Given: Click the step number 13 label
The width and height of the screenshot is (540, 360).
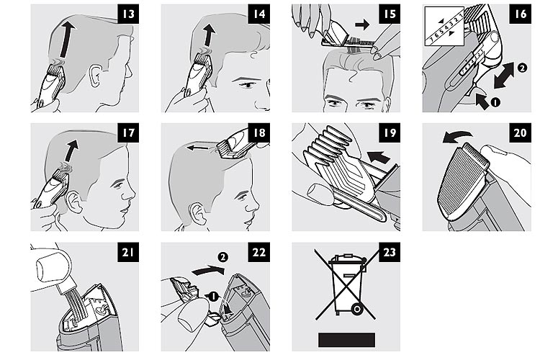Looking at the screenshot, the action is [x=128, y=14].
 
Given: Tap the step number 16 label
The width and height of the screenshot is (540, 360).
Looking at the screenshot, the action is [x=521, y=14].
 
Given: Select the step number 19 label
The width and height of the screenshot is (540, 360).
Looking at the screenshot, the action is [x=390, y=132].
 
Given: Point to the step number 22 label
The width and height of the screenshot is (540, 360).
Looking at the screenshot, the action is [x=259, y=252].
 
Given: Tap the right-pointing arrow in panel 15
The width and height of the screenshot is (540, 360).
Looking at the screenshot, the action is [x=362, y=24].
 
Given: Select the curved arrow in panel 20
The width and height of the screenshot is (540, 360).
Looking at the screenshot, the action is [x=456, y=137].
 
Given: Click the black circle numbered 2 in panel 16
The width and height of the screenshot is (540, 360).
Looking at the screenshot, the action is [x=522, y=68].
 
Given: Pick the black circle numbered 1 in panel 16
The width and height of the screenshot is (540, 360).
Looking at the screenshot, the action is [x=495, y=102].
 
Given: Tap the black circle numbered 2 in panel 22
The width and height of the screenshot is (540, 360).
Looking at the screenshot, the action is [x=222, y=257].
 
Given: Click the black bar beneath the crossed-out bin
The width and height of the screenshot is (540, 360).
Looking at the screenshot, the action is [x=346, y=340].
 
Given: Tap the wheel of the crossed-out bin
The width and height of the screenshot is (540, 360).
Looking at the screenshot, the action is [x=357, y=310].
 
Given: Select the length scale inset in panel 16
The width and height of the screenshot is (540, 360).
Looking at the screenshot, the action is [x=444, y=27].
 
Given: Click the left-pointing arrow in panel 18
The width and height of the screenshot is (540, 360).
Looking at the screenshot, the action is [x=198, y=148].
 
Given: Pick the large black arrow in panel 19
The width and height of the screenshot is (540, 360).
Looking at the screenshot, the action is [x=379, y=157].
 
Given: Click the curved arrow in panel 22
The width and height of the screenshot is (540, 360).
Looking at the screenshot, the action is [x=207, y=270].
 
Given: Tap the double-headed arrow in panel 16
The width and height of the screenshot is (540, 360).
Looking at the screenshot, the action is [x=503, y=75].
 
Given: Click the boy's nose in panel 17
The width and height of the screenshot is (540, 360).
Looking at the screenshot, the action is [x=130, y=194].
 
